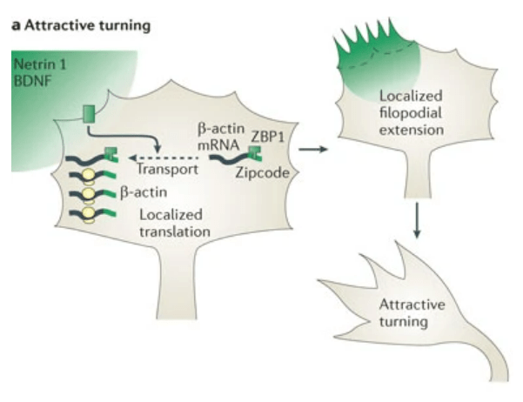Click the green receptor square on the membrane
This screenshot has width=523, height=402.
88,114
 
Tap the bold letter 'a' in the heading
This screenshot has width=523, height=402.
15,25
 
